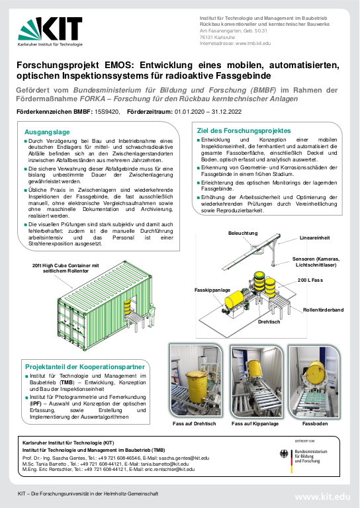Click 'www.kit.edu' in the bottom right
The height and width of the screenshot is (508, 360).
[322, 496]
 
